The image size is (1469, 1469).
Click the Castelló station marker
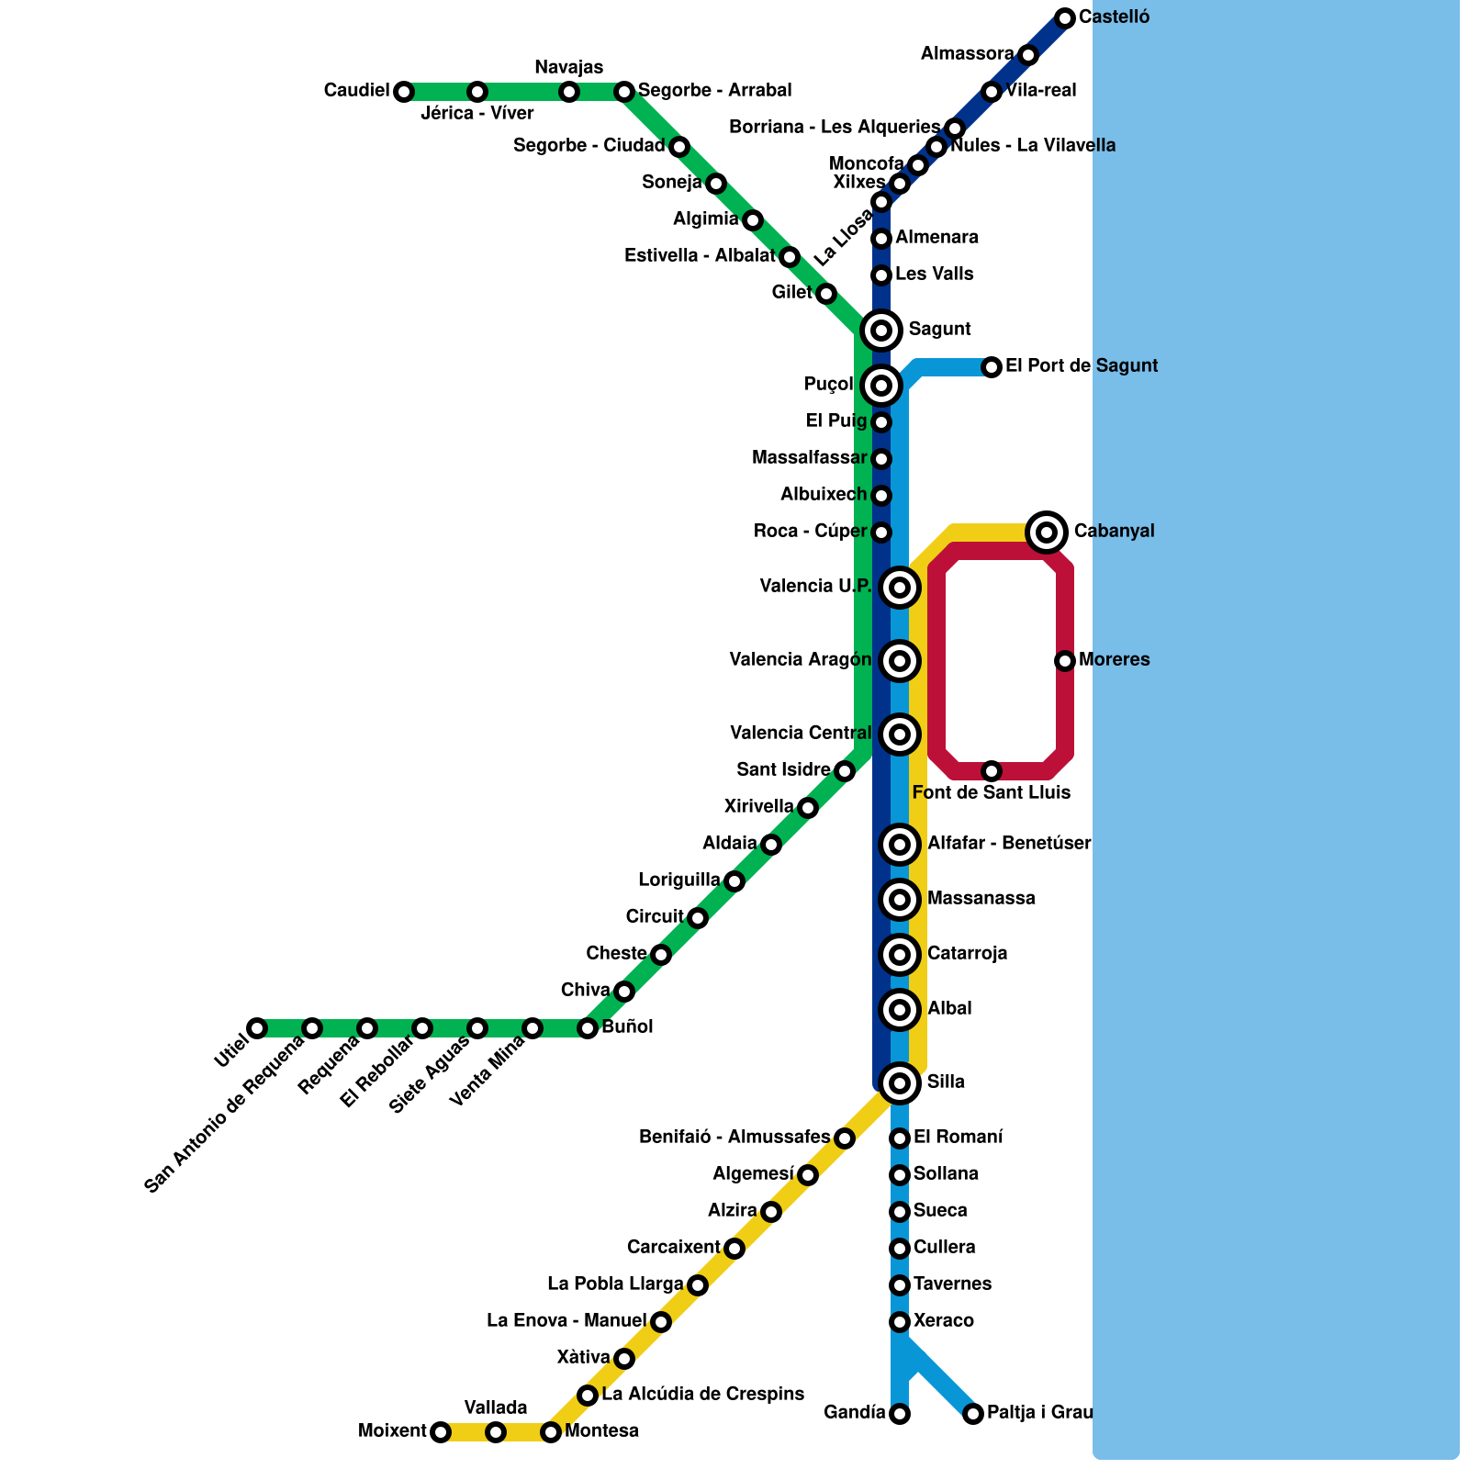[x=1065, y=17]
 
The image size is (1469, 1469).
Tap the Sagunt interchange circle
[x=881, y=330]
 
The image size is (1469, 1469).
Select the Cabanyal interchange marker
[x=1047, y=532]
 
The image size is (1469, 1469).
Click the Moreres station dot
[x=1065, y=660]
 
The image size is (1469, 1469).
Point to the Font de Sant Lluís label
[x=992, y=792]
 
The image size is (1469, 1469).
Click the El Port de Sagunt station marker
[x=992, y=367]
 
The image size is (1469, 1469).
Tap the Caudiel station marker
[x=403, y=91]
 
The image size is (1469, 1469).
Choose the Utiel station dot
[x=257, y=1027]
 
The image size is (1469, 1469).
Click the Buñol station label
[x=627, y=1026]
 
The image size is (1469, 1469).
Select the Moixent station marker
[x=441, y=1431]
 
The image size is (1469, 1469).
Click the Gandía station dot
[x=900, y=1414]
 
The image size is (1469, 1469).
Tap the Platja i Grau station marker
[x=973, y=1414]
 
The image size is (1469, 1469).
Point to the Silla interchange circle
[x=900, y=1083]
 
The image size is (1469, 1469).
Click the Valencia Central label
[x=801, y=733]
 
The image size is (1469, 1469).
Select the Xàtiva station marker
[x=624, y=1359]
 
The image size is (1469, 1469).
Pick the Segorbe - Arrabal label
[x=714, y=90]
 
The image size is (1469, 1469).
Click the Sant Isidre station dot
[x=845, y=771]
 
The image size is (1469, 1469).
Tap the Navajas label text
[x=569, y=67]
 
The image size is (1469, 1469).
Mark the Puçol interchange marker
[x=881, y=386]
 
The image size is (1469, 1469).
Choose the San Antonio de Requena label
[x=225, y=1115]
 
